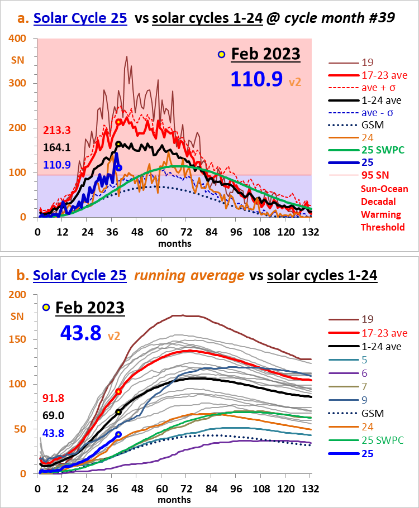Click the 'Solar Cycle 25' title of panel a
tap(80, 18)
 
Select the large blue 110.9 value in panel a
tap(256, 79)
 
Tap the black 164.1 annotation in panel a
tap(56, 148)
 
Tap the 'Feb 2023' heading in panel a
tap(265, 54)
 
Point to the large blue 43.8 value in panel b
tap(80, 333)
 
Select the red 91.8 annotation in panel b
tap(54, 398)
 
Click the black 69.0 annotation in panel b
tap(54, 416)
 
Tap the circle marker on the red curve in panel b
tap(118, 392)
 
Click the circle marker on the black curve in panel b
tap(118, 412)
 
